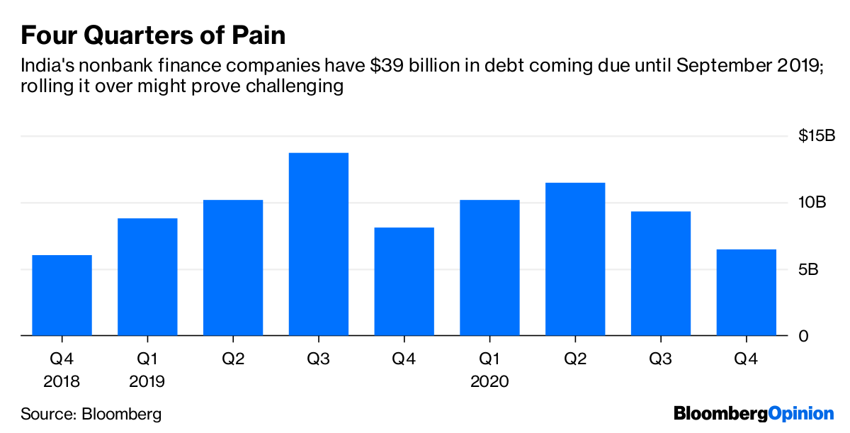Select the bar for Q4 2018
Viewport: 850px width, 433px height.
pos(62,295)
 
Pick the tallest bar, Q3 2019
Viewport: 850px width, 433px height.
pos(319,244)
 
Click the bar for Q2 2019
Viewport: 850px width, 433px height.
pos(233,267)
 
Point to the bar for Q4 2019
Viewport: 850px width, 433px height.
pos(404,281)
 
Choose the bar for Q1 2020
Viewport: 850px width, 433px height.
pos(489,267)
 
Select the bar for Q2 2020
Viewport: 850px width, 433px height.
pos(575,259)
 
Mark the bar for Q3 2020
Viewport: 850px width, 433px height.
pos(661,273)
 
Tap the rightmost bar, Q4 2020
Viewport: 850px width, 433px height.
pos(746,292)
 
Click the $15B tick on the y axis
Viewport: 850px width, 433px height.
pos(817,135)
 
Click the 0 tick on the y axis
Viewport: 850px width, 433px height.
pos(803,336)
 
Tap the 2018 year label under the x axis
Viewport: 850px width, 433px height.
pos(62,382)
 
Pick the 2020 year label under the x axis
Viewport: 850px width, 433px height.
pos(489,382)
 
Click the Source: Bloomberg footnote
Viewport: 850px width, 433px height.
pos(91,414)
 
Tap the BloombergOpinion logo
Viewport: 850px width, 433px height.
pos(754,413)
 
